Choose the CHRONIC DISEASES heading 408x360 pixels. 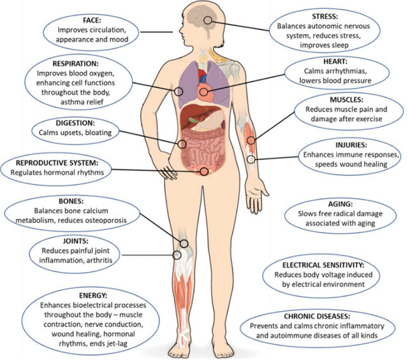coord(326,316)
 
